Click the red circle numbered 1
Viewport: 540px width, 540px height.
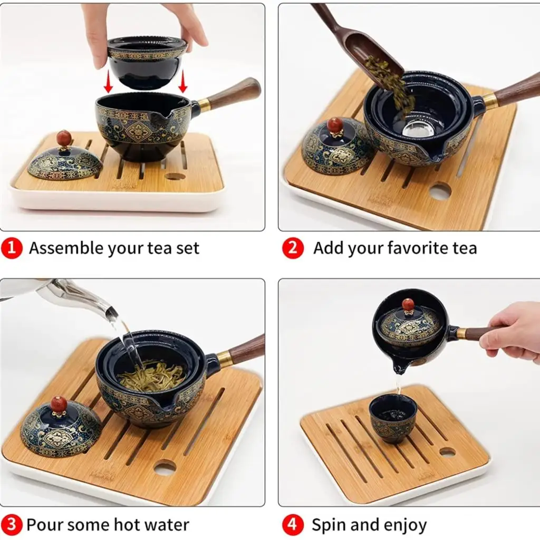click(x=12, y=248)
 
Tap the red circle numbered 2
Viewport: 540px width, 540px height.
click(x=293, y=248)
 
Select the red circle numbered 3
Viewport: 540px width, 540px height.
click(x=12, y=525)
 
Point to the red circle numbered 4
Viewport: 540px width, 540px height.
click(x=293, y=525)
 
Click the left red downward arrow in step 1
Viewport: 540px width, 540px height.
click(x=108, y=81)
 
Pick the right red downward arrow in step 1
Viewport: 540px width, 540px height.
click(x=183, y=81)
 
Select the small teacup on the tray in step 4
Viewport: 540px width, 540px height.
click(x=392, y=418)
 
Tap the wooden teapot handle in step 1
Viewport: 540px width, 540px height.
click(x=234, y=93)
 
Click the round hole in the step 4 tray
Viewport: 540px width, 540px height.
click(x=447, y=452)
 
